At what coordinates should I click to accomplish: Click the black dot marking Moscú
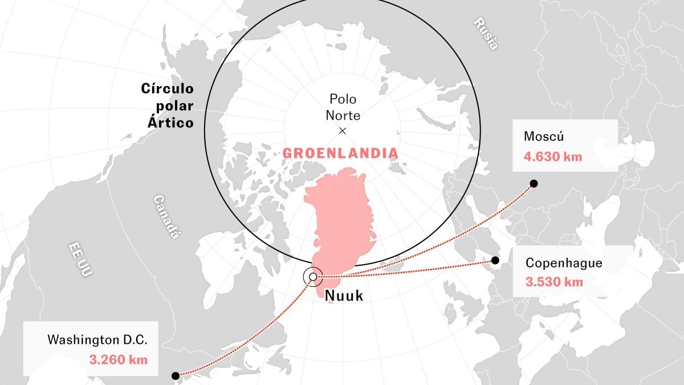(x=534, y=183)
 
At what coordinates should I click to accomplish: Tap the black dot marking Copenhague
(x=495, y=261)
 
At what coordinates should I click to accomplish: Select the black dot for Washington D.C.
(x=176, y=375)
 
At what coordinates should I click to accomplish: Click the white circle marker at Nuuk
(x=312, y=277)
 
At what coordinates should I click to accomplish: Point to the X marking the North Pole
(x=343, y=131)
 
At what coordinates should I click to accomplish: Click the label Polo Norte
(x=343, y=107)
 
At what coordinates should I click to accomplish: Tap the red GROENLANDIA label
(x=340, y=153)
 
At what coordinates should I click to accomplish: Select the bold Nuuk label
(x=343, y=296)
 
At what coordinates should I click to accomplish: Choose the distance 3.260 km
(x=119, y=359)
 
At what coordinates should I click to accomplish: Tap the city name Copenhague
(x=563, y=263)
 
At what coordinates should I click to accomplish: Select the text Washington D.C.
(x=97, y=340)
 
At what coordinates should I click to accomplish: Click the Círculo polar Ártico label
(x=168, y=106)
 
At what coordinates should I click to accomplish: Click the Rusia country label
(x=485, y=34)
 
